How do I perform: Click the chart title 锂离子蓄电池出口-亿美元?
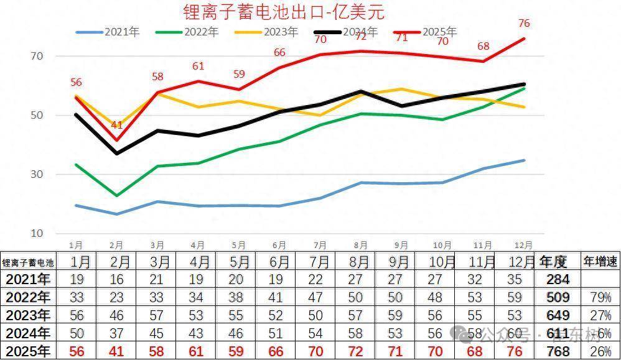(x=284, y=11)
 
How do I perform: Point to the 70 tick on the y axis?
(x=37, y=56)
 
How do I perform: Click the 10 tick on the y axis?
(x=37, y=233)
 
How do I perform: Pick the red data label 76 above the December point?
(x=524, y=24)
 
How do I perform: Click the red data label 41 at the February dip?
(x=117, y=126)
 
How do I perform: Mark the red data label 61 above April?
(x=198, y=67)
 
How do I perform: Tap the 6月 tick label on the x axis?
(x=279, y=245)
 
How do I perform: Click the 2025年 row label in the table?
(x=27, y=351)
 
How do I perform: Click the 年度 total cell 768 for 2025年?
(x=558, y=351)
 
